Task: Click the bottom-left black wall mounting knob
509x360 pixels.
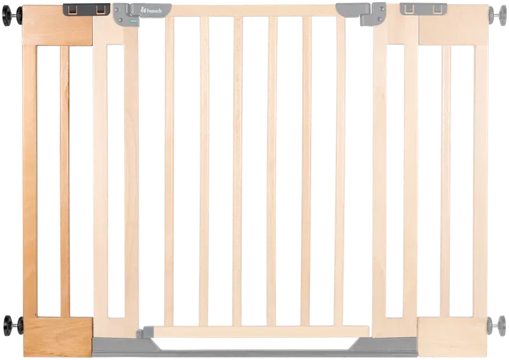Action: click(x=12, y=325)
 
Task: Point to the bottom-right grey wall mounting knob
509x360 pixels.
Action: click(x=497, y=326)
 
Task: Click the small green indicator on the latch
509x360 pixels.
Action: click(x=133, y=21)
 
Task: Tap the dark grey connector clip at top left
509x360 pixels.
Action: click(x=87, y=10)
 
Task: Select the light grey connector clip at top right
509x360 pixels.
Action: click(x=423, y=9)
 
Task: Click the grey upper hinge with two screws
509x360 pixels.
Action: click(x=373, y=14)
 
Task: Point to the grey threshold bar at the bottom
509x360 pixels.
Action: click(x=255, y=349)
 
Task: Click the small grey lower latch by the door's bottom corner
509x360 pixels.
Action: click(x=145, y=333)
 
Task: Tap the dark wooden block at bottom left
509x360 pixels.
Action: click(x=58, y=337)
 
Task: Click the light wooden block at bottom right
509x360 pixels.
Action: click(x=452, y=337)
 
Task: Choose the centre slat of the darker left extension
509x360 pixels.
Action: click(x=65, y=181)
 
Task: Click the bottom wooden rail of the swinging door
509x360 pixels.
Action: click(x=261, y=331)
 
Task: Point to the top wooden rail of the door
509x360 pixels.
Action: click(x=253, y=10)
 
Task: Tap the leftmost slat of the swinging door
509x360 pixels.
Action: click(x=169, y=171)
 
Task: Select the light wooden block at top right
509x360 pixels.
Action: click(x=454, y=30)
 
